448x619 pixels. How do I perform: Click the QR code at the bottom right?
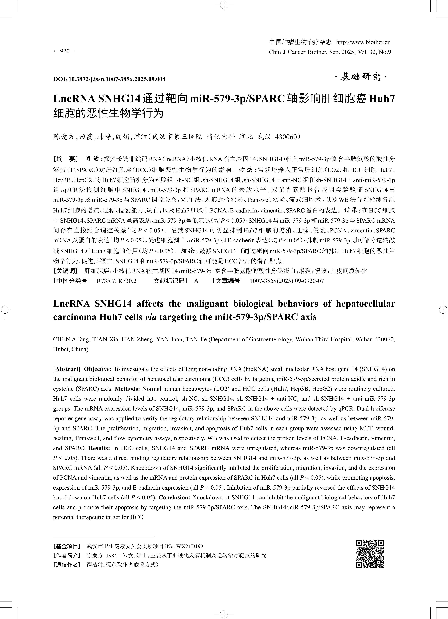[x=370, y=554]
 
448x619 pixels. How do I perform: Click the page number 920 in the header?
[x=65, y=51]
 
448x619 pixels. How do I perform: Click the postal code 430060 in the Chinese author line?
[x=286, y=137]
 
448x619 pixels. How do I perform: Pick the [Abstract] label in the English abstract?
[x=67, y=369]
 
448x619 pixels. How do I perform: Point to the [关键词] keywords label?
[x=66, y=271]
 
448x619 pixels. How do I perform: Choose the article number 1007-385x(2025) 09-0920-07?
[x=287, y=281]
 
